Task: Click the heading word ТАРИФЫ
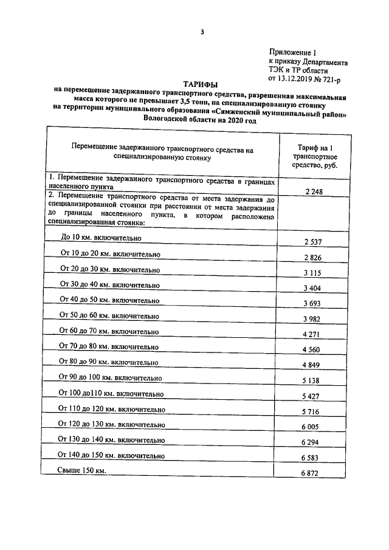click(200, 84)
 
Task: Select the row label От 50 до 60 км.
click(109, 315)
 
